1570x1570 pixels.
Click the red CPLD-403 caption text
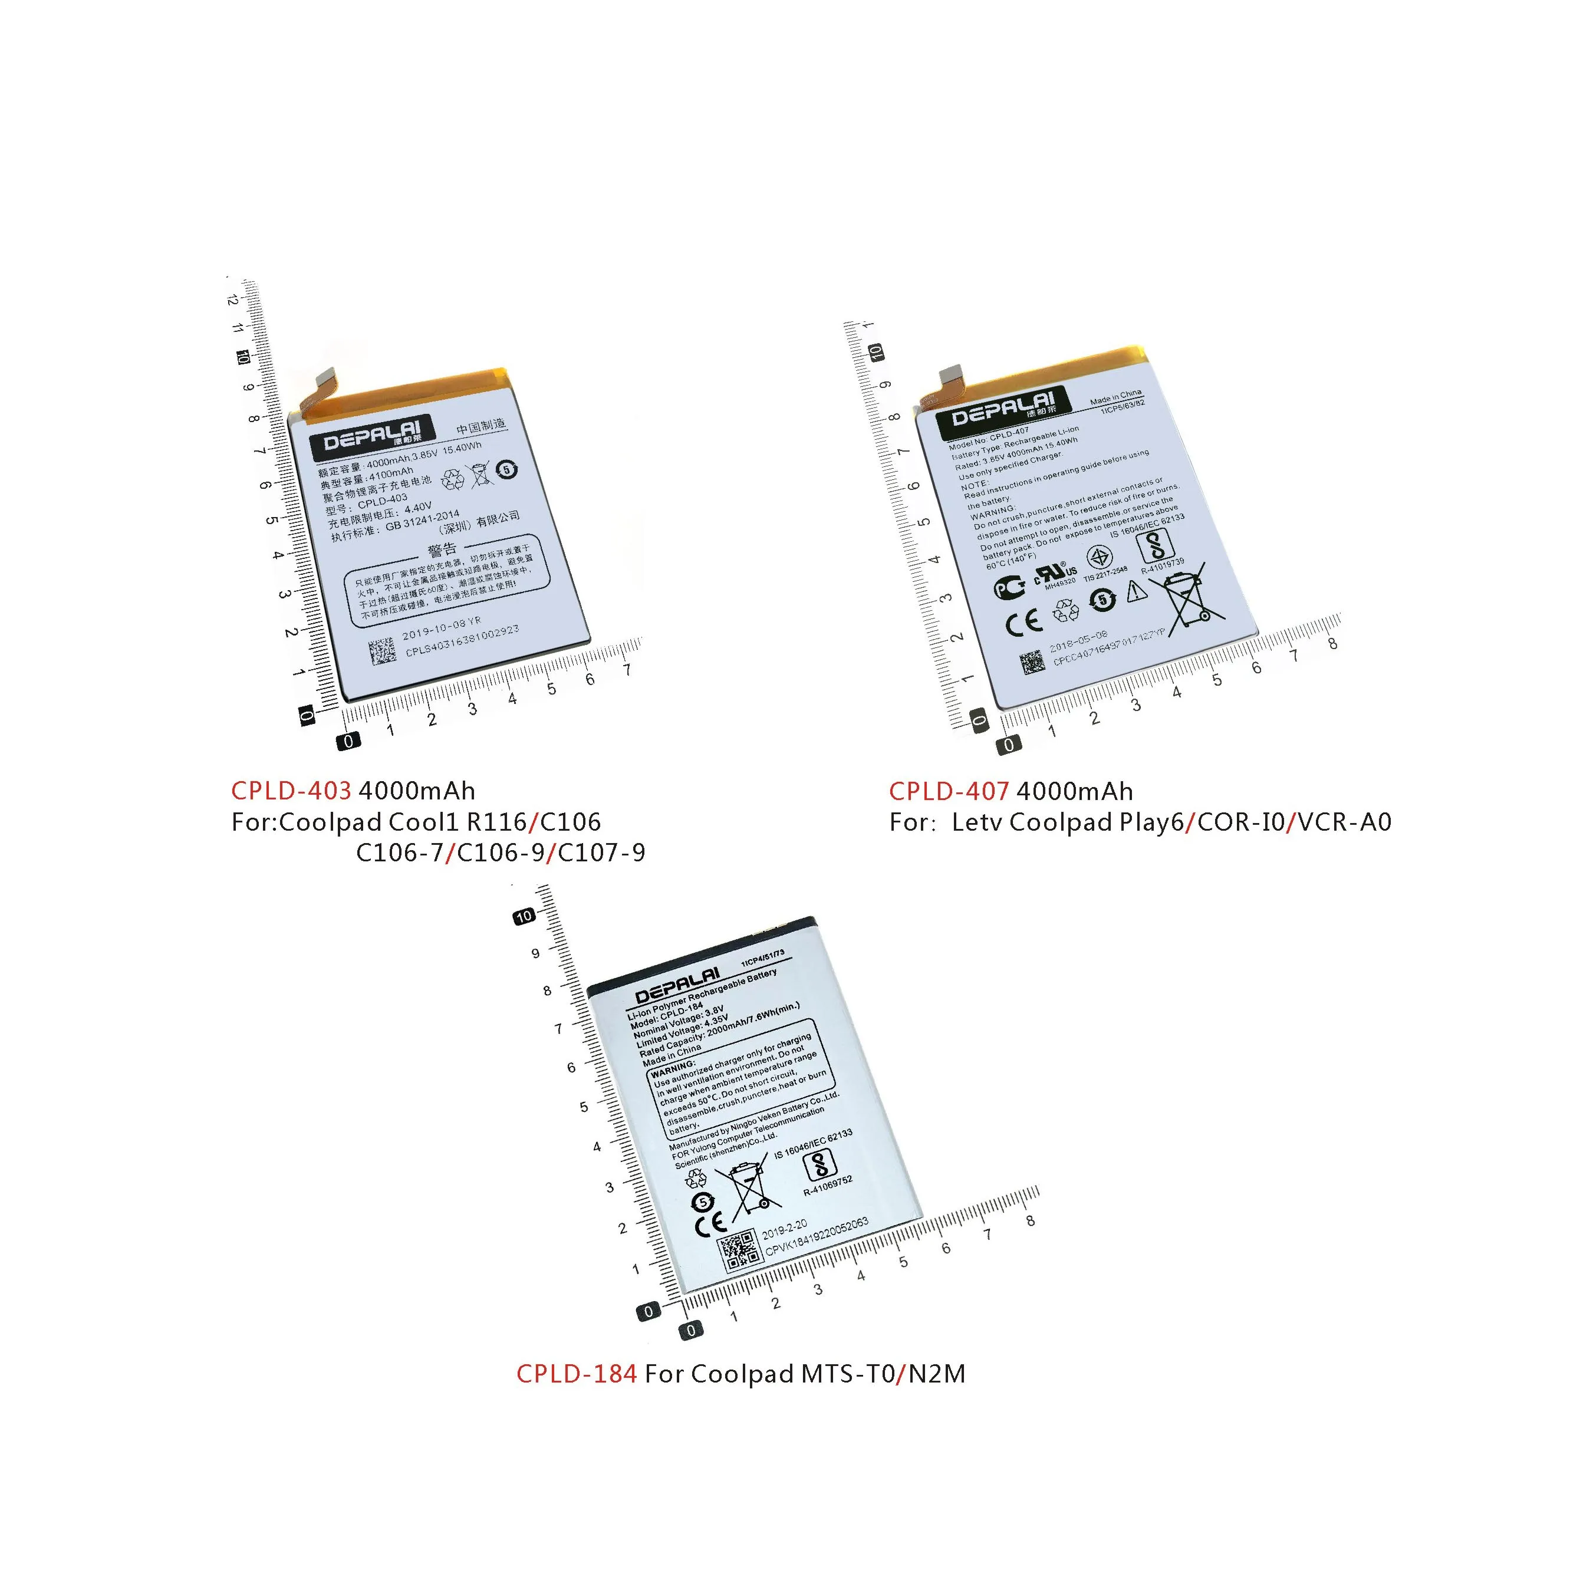pos(291,791)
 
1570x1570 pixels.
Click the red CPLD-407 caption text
pos(949,791)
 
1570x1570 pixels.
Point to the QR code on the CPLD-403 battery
pos(382,651)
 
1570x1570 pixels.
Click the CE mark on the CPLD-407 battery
pos(1023,623)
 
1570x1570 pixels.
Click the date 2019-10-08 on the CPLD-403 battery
pos(441,628)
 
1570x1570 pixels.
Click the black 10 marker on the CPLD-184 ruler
pos(524,916)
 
